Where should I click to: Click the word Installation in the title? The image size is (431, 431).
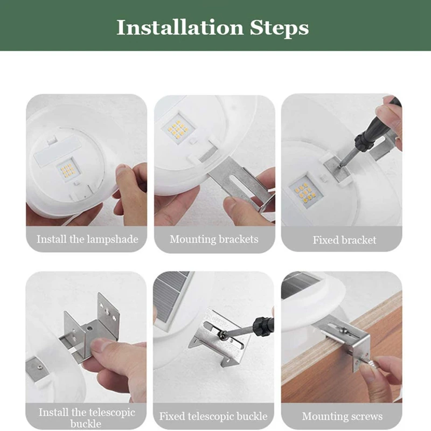180,27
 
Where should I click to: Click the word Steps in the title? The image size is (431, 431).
279,29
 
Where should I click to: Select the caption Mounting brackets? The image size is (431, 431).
214,239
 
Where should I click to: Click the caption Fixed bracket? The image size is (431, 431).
344,240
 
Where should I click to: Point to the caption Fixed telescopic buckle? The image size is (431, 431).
213,416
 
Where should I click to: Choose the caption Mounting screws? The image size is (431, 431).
342,416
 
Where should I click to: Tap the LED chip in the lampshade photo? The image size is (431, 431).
68,170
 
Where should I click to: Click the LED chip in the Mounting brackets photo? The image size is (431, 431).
178,129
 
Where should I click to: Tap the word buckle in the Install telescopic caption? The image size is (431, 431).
86,423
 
